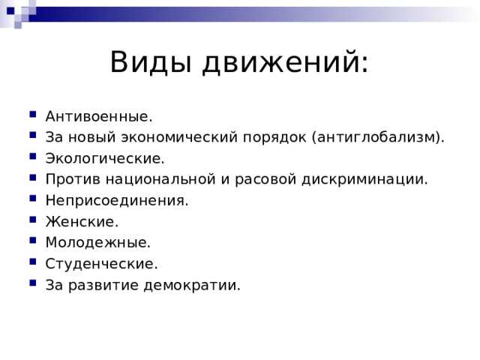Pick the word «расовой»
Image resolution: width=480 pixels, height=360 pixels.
tap(262, 180)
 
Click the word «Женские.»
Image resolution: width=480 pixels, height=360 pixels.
tap(82, 222)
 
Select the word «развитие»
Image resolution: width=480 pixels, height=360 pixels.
tap(104, 285)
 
